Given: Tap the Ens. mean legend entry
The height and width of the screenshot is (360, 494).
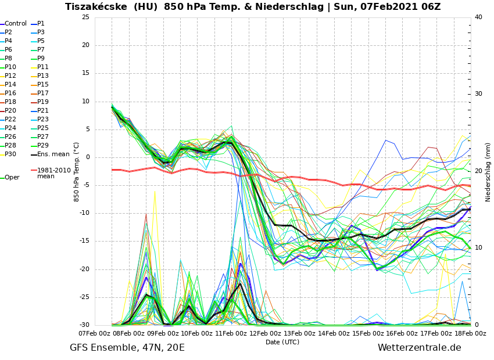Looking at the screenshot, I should pos(53,154).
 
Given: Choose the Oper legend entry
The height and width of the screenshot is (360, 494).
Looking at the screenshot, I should pos(12,178).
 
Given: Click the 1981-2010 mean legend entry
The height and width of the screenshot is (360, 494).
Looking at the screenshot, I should pos(54,173).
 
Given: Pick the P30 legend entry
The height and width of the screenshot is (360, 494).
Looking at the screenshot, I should pos(10,154).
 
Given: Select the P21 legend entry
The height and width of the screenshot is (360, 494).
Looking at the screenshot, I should pos(43,111).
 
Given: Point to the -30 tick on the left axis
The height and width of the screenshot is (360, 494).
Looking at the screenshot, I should pos(85,325).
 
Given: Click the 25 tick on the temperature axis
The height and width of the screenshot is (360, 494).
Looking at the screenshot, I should pos(86,17).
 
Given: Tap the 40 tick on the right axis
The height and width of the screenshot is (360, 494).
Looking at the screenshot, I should pos(478,17).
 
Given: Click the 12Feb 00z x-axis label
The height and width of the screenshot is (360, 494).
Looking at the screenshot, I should pos(266,333).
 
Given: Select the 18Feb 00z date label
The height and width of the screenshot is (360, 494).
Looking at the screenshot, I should pos(470,333).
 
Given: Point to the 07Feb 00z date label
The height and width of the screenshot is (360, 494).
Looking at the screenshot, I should pos(95,333).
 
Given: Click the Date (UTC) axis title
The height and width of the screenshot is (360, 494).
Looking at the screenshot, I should pos(282,342).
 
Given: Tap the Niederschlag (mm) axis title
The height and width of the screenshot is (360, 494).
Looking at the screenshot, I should pos(488,172).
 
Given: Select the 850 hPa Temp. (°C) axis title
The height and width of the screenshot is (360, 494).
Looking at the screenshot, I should pos(77,171).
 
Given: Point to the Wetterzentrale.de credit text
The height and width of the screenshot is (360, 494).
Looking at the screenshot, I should pos(419,348).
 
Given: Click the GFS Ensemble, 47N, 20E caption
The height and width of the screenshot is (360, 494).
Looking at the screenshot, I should pos(127,348).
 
